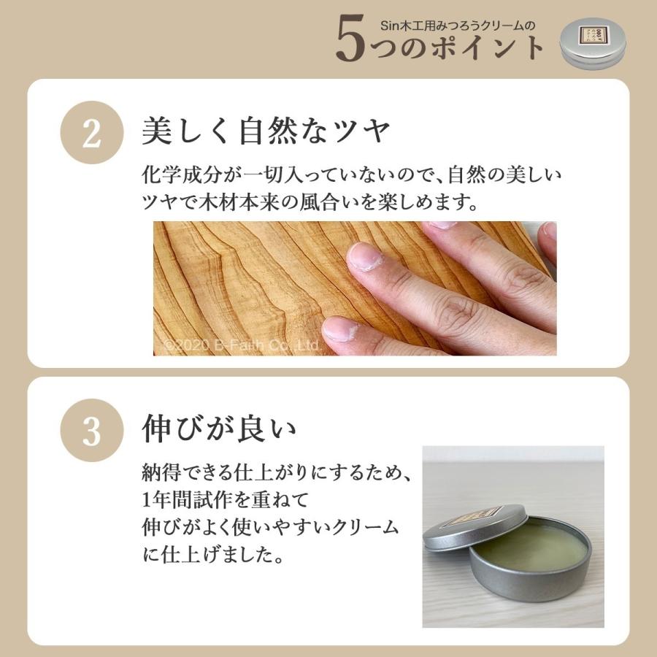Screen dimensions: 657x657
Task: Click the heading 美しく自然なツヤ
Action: pyautogui.click(x=267, y=134)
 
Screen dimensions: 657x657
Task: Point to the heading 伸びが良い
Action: pyautogui.click(x=219, y=429)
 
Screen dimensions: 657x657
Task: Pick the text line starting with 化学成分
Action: pyautogui.click(x=354, y=177)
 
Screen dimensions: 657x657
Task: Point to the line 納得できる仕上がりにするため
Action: pyautogui.click(x=277, y=474)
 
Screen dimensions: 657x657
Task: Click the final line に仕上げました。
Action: pyautogui.click(x=212, y=556)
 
